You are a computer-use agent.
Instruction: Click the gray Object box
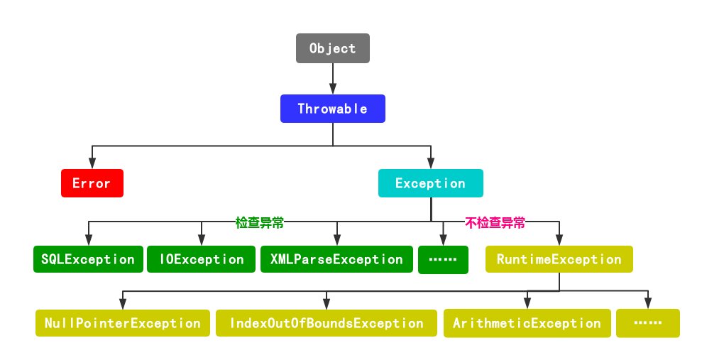click(332, 49)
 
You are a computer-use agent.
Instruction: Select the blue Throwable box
click(332, 109)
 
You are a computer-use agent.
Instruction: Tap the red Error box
click(92, 183)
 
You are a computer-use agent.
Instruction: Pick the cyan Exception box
click(430, 183)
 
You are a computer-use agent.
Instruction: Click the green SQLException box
click(87, 259)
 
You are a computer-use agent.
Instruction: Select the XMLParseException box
click(336, 259)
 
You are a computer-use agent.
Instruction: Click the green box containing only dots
click(443, 260)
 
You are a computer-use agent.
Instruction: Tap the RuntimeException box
click(559, 259)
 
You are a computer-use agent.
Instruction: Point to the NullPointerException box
click(122, 323)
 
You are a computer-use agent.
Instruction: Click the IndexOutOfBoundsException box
click(326, 323)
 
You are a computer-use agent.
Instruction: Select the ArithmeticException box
click(527, 323)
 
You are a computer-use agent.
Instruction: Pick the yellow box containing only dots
click(647, 323)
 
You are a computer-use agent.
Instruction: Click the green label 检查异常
click(260, 222)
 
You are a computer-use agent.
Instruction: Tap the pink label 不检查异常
click(495, 222)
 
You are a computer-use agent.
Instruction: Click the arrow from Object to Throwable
click(332, 79)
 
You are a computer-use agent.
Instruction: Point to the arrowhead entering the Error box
click(91, 164)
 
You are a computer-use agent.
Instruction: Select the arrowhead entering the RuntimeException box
click(559, 241)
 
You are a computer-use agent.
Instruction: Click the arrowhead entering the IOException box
click(201, 241)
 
